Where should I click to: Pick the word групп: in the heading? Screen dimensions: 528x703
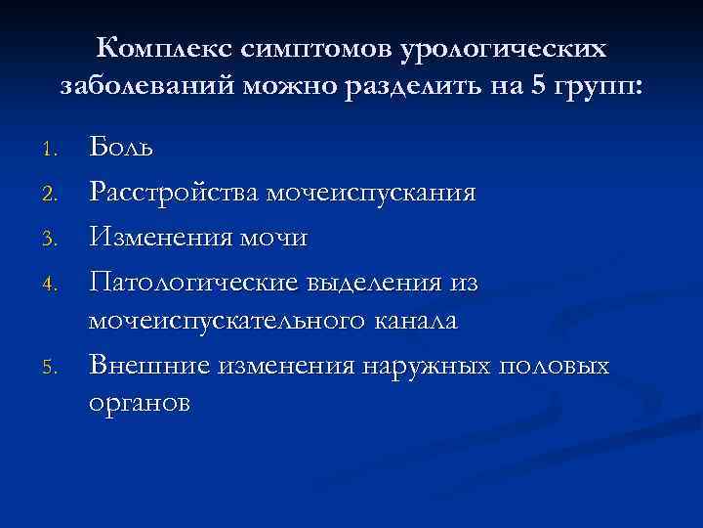point(600,87)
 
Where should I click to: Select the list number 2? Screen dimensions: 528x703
point(55,194)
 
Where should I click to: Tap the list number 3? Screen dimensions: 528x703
point(55,238)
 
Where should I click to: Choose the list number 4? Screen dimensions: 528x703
point(55,282)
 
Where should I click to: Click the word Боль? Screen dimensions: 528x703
point(121,149)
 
